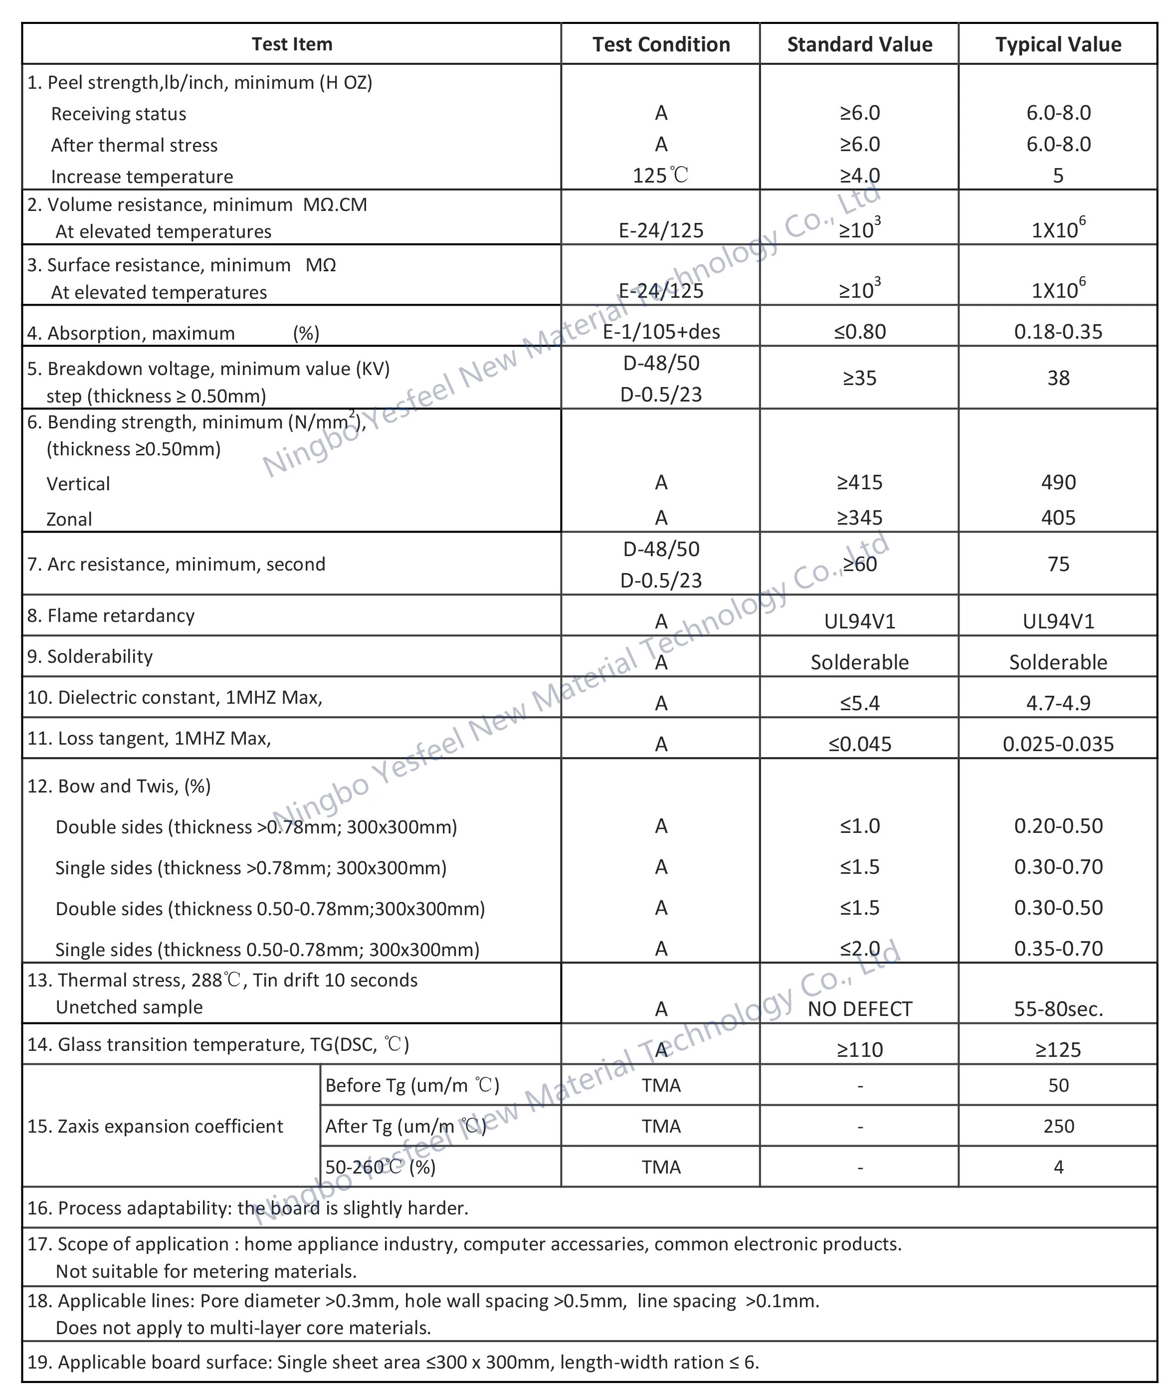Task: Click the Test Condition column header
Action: [x=660, y=44]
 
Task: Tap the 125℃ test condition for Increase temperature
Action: [x=660, y=176]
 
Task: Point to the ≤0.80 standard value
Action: [x=859, y=332]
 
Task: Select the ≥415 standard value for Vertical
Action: [x=859, y=482]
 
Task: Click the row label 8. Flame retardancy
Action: [x=111, y=615]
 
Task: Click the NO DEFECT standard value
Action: [x=859, y=1009]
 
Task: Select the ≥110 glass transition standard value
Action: [x=859, y=1049]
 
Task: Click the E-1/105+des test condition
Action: [x=660, y=332]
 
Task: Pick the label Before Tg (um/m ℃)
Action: [x=412, y=1085]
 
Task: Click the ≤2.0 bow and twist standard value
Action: [x=859, y=949]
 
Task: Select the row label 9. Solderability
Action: [x=90, y=657]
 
